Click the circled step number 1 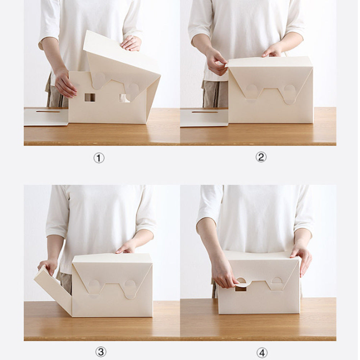(x=99, y=158)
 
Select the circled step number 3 (x=100, y=351)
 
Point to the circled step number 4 (x=262, y=353)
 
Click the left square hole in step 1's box (x=90, y=97)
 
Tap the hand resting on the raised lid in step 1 (x=131, y=44)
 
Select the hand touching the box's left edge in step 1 (x=65, y=84)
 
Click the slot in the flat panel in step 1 (x=48, y=111)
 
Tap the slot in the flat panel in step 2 (x=205, y=112)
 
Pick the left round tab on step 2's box (x=252, y=91)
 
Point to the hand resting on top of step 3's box (x=127, y=248)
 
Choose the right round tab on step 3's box (x=130, y=288)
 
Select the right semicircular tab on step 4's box (x=277, y=281)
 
